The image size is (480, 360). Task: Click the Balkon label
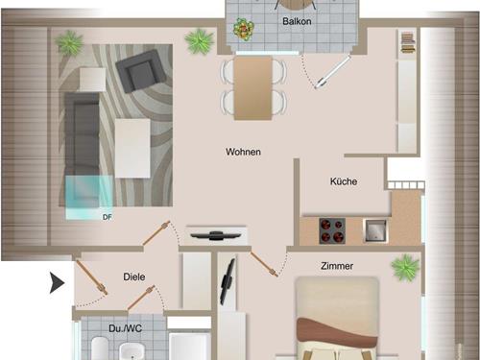pyautogui.click(x=297, y=21)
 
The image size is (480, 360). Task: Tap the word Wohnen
pyautogui.click(x=243, y=152)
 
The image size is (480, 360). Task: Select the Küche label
pyautogui.click(x=344, y=181)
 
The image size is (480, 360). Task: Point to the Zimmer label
pyautogui.click(x=337, y=266)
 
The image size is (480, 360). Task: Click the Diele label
pyautogui.click(x=134, y=276)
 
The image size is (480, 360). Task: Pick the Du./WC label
pyautogui.click(x=125, y=328)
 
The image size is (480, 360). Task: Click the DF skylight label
pyautogui.click(x=108, y=217)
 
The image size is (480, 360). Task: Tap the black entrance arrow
pyautogui.click(x=57, y=283)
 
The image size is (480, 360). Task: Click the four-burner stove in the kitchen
pyautogui.click(x=332, y=230)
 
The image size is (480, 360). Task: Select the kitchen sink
pyautogui.click(x=375, y=230)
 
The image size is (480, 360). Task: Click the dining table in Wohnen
pyautogui.click(x=252, y=88)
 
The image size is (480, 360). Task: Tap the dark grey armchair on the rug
pyautogui.click(x=141, y=71)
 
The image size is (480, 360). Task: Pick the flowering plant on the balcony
pyautogui.click(x=244, y=29)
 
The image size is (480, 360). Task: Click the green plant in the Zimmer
pyautogui.click(x=405, y=268)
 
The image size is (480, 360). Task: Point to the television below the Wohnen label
pyautogui.click(x=215, y=236)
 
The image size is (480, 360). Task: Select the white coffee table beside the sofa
pyautogui.click(x=132, y=148)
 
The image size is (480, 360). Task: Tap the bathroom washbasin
pyautogui.click(x=132, y=351)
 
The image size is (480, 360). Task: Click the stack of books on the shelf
pyautogui.click(x=407, y=42)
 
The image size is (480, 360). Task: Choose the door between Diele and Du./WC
pyautogui.click(x=141, y=298)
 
